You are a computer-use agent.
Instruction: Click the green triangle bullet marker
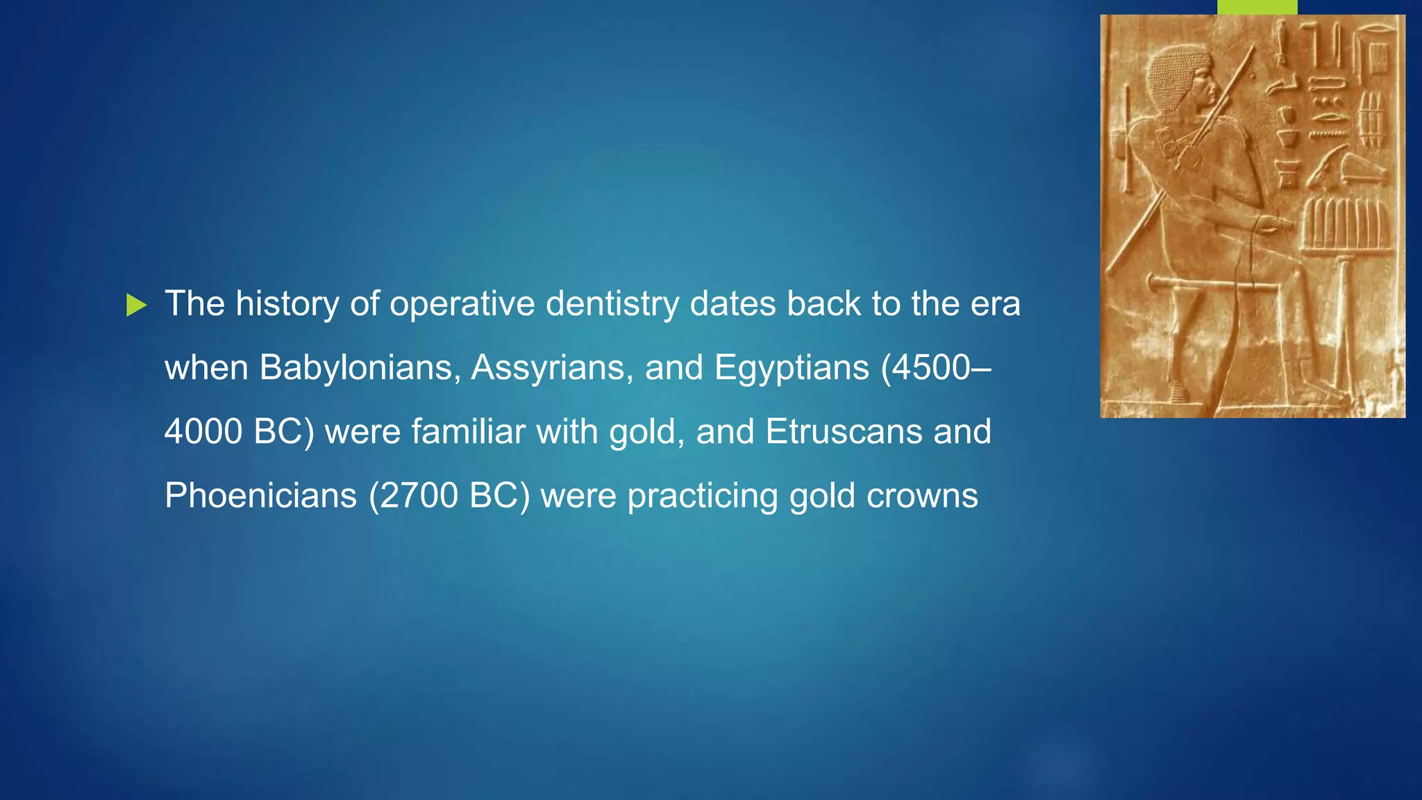pyautogui.click(x=137, y=305)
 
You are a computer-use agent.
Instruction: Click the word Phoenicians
pyautogui.click(x=260, y=496)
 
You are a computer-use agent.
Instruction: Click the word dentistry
pyautogui.click(x=612, y=304)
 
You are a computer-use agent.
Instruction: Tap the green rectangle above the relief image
pyautogui.click(x=1257, y=7)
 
